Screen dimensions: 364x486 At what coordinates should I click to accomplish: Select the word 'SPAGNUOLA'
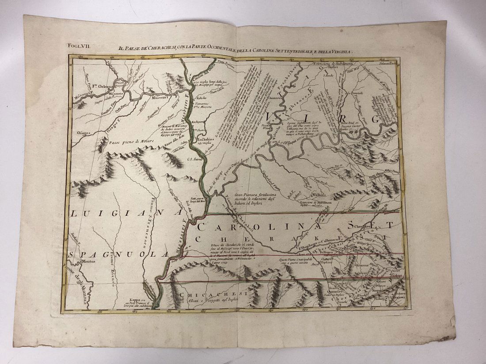[119, 255]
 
